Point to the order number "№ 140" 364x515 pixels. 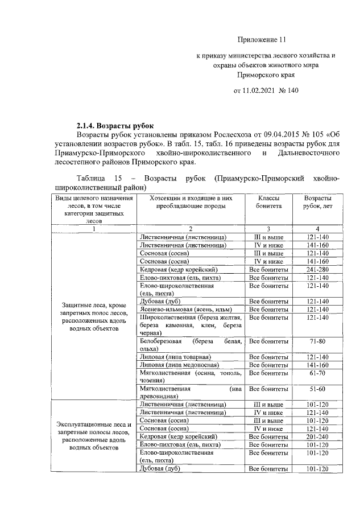tap(288, 90)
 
